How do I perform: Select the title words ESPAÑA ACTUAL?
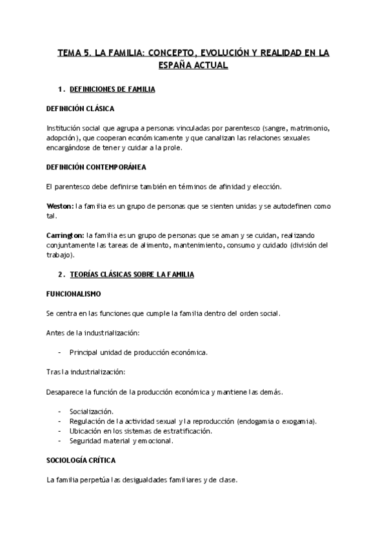[x=193, y=66]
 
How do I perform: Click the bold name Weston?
[x=60, y=205]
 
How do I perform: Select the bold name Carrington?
[x=65, y=236]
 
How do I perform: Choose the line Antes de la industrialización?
[x=93, y=333]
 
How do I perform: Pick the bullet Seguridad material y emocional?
[x=121, y=441]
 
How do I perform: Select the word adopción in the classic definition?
[x=62, y=138]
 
